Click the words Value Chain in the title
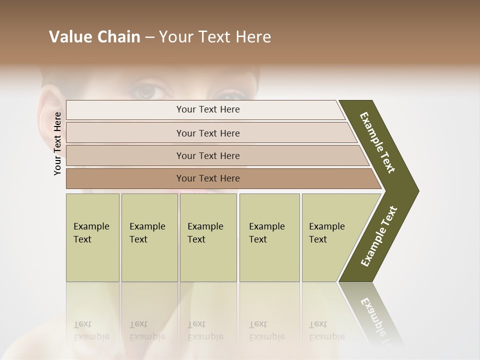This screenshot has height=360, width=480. point(94,37)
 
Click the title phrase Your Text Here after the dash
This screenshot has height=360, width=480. point(215,37)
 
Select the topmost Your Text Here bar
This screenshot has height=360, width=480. point(208,109)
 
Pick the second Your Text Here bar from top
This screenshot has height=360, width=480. point(208,133)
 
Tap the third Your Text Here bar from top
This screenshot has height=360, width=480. point(208,155)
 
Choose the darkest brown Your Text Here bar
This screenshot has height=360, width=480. point(208,178)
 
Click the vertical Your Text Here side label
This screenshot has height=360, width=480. point(58,143)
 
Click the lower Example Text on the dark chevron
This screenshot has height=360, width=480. point(379,236)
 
